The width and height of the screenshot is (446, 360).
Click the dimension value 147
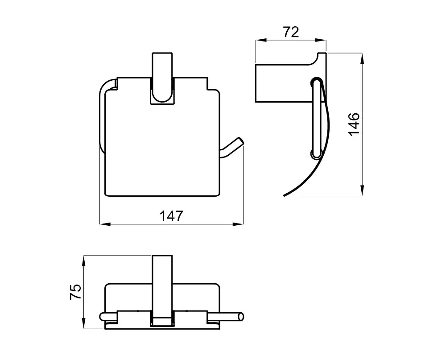(171, 216)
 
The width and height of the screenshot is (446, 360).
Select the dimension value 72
(291, 32)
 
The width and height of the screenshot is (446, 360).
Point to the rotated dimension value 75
(75, 292)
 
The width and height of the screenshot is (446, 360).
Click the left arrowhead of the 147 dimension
(105, 224)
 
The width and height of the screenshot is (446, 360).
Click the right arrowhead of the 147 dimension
(238, 224)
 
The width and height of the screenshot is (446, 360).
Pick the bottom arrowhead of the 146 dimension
(362, 190)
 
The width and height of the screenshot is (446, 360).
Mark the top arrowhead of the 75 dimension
(84, 261)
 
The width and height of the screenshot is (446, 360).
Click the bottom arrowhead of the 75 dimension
(84, 323)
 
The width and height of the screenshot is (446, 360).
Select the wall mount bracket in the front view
(161, 78)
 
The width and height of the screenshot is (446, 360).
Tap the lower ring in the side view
(316, 154)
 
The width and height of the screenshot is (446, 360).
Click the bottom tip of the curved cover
(285, 195)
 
